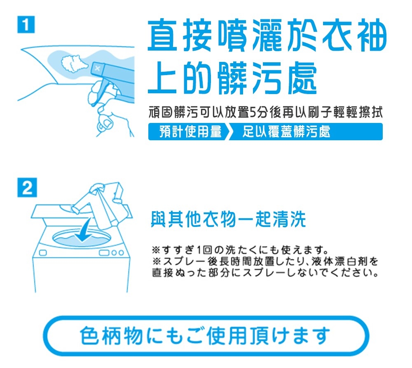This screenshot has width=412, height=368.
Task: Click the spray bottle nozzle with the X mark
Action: tap(97, 67)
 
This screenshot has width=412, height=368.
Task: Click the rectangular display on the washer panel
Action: tap(103, 252)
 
